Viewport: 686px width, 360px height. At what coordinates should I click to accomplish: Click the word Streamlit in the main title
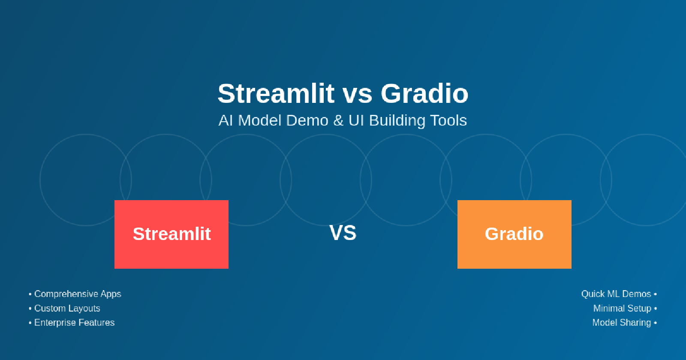tap(276, 93)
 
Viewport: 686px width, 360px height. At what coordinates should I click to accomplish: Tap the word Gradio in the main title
tap(424, 93)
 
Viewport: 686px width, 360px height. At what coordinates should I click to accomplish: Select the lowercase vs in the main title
tap(358, 96)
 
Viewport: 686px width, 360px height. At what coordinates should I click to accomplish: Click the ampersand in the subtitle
tap(338, 120)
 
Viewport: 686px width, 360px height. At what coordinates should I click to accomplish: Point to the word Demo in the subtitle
tap(307, 120)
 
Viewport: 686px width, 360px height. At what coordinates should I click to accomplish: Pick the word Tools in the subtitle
tap(448, 120)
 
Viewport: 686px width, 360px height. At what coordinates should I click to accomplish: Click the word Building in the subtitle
tap(397, 121)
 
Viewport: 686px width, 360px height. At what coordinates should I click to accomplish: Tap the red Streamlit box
tap(171, 234)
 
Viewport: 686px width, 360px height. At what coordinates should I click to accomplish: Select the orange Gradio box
tap(514, 234)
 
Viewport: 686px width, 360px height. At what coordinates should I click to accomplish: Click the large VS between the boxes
tap(343, 233)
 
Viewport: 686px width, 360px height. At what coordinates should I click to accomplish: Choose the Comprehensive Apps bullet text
tap(78, 294)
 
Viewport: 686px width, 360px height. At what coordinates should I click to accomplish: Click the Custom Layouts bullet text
tap(67, 309)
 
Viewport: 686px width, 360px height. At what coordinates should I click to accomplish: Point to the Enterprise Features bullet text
tap(75, 323)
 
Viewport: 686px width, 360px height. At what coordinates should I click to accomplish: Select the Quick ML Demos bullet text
tap(616, 294)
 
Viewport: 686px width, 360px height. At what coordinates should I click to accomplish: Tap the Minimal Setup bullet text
tap(622, 309)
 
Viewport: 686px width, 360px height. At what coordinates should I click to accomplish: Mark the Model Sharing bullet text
tap(622, 323)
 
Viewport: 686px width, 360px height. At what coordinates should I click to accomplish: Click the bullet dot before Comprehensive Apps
tap(30, 294)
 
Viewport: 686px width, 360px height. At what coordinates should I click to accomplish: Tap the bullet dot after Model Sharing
tap(656, 323)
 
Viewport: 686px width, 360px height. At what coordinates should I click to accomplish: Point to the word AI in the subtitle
tap(226, 120)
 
